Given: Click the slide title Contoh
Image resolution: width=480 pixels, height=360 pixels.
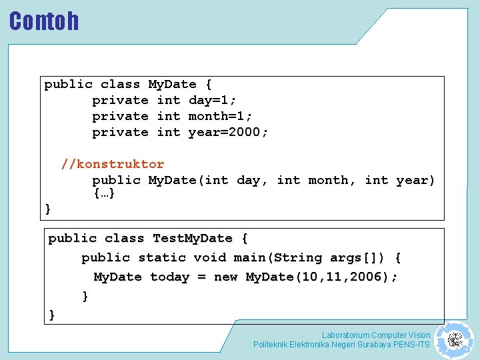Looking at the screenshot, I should pyautogui.click(x=44, y=21).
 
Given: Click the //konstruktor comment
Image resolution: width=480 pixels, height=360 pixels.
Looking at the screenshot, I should pyautogui.click(x=113, y=164).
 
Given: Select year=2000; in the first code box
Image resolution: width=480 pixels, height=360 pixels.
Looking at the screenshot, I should pyautogui.click(x=228, y=132).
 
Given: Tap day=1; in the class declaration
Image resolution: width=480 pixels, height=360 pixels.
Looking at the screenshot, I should pyautogui.click(x=213, y=100).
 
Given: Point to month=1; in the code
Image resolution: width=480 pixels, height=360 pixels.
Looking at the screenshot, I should pyautogui.click(x=221, y=116).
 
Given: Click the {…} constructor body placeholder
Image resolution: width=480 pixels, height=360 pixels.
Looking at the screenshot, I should pyautogui.click(x=104, y=194).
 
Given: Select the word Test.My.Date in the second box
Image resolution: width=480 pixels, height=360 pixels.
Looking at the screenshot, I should pyautogui.click(x=193, y=238).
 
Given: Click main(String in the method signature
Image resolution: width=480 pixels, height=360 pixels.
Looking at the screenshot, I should pyautogui.click(x=270, y=257).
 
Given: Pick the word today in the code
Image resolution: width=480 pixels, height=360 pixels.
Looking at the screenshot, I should pyautogui.click(x=169, y=277).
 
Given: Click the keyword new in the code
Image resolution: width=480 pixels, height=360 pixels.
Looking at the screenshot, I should pyautogui.click(x=225, y=277).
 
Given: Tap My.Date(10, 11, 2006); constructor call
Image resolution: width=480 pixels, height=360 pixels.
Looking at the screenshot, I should pyautogui.click(x=322, y=277).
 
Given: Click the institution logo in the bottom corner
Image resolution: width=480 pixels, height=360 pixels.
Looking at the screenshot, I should pyautogui.click(x=454, y=340).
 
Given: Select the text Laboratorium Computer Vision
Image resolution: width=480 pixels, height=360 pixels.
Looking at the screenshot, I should pyautogui.click(x=376, y=335).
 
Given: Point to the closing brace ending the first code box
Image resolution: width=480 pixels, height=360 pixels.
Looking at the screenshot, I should pyautogui.click(x=48, y=209).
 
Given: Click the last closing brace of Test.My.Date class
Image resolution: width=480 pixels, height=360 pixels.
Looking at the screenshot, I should pyautogui.click(x=52, y=315).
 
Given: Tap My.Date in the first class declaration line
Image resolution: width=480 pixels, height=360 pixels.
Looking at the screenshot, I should pyautogui.click(x=172, y=84).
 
